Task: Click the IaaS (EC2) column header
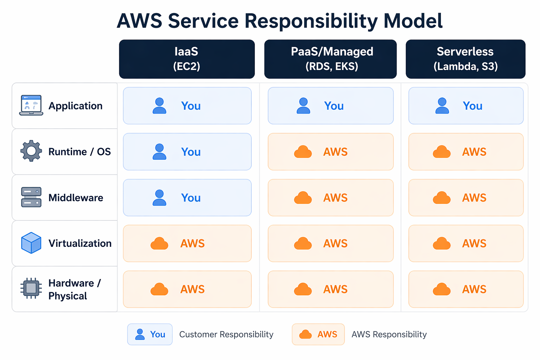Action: [x=187, y=59]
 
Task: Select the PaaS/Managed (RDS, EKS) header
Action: [x=330, y=59]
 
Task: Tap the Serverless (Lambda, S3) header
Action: [x=465, y=59]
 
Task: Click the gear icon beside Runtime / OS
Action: [x=31, y=151]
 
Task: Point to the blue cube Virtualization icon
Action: [x=31, y=243]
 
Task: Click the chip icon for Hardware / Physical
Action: [x=31, y=288]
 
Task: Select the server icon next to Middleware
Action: [x=31, y=197]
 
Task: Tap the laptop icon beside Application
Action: [x=31, y=105]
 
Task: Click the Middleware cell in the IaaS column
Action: [x=187, y=198]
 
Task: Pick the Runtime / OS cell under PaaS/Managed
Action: [x=330, y=152]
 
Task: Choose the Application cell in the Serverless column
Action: [x=466, y=106]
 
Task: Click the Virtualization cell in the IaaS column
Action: [x=187, y=243]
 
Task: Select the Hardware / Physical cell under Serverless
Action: [x=466, y=289]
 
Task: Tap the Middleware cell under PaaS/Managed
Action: [x=330, y=198]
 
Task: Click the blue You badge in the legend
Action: [x=150, y=334]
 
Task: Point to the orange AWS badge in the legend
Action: [x=318, y=334]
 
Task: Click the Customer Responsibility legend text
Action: [x=226, y=334]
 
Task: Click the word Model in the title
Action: [x=413, y=21]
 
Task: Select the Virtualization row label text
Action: [x=80, y=243]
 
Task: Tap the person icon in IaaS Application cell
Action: [x=159, y=106]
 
